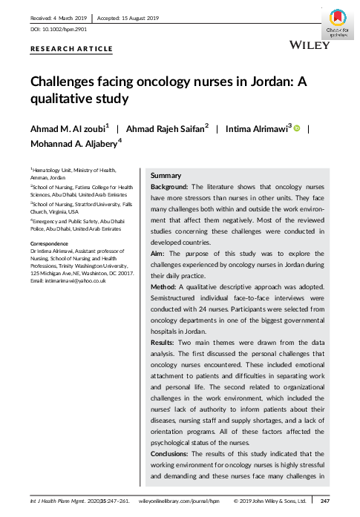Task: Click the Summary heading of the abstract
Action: (166, 175)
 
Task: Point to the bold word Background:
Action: (171, 187)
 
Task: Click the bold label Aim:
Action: (159, 253)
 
